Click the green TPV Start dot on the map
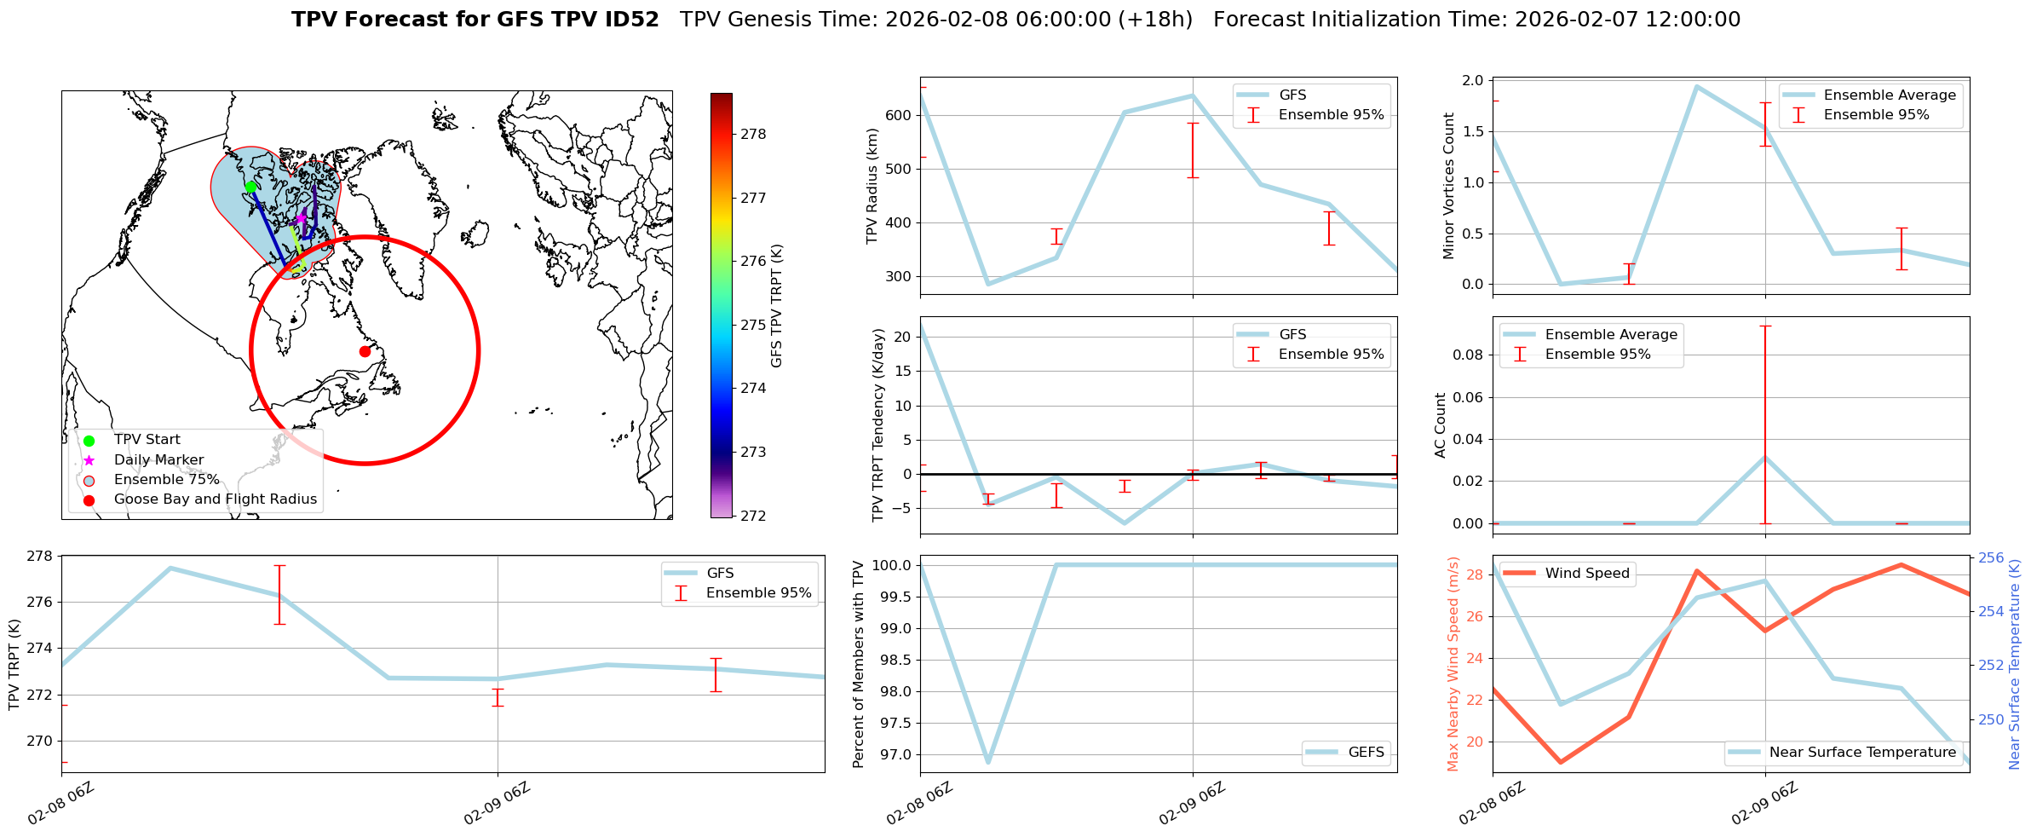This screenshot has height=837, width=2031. [x=250, y=187]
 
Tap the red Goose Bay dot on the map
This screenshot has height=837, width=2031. [x=365, y=351]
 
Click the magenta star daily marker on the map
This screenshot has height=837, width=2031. [x=301, y=218]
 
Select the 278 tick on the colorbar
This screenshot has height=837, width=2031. [x=753, y=134]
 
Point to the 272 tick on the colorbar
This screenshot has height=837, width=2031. [x=753, y=516]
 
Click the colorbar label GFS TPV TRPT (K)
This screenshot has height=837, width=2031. [x=776, y=306]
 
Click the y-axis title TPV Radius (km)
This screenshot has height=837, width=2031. [x=872, y=186]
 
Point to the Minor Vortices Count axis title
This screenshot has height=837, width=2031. [x=1449, y=186]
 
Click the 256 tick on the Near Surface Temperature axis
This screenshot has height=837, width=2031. [x=1991, y=557]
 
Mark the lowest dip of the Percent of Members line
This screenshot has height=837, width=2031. [x=988, y=762]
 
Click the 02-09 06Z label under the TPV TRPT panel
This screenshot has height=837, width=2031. [x=498, y=803]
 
